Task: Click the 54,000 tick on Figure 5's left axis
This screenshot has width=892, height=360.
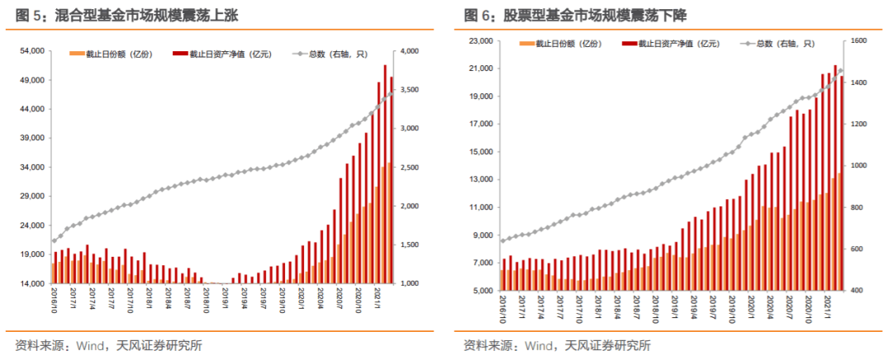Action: tap(31, 51)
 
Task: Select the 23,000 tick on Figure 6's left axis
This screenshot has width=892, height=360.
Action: tap(477, 40)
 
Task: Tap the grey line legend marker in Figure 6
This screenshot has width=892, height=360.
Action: tap(750, 44)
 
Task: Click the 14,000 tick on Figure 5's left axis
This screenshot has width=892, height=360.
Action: tap(31, 283)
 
